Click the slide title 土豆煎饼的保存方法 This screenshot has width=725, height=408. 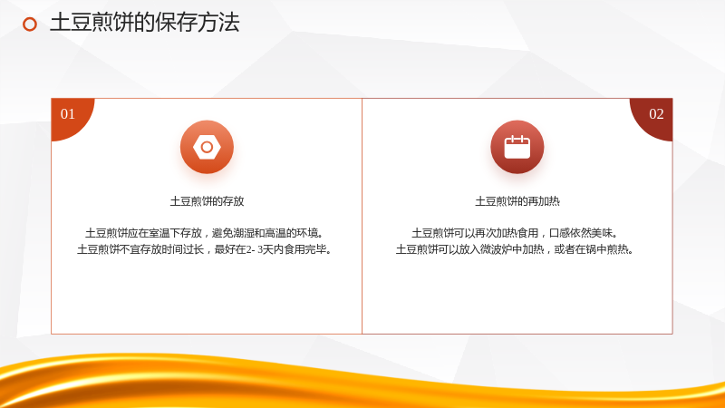pos(145,23)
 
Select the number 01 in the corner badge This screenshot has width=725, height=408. pos(67,114)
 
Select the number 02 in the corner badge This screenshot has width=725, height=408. pos(656,114)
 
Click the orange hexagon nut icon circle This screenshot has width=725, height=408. pos(207,147)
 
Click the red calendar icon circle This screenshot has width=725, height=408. pos(517,147)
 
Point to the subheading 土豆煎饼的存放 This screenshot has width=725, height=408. pos(207,201)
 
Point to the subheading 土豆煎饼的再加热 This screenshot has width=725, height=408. pos(517,201)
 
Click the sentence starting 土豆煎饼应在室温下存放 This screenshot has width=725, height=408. pos(205,233)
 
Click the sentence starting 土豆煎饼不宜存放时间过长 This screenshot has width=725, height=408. pos(205,249)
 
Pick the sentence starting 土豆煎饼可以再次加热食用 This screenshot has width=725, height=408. pos(515,233)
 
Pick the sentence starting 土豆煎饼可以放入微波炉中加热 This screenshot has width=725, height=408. pos(515,249)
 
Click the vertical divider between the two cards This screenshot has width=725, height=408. pos(362,216)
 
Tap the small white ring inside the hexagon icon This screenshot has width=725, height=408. pos(207,147)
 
